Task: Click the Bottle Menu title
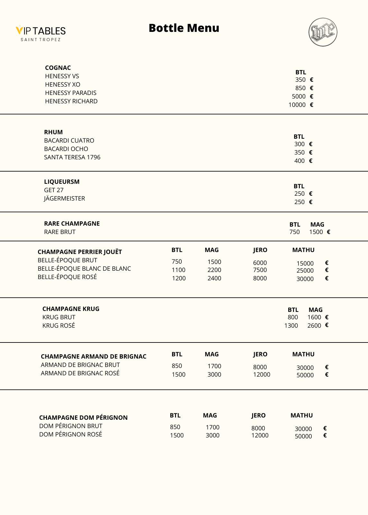click(184, 28)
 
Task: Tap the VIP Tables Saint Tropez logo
click(41, 33)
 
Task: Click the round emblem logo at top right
click(323, 32)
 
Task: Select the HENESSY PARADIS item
click(71, 93)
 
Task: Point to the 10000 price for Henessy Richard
click(297, 105)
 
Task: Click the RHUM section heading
click(53, 132)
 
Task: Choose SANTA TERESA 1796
click(72, 157)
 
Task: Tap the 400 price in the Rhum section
click(299, 161)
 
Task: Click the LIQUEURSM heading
click(62, 182)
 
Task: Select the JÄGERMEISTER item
click(65, 199)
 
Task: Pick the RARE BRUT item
click(60, 232)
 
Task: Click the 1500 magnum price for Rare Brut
click(316, 232)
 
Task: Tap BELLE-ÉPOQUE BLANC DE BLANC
click(84, 269)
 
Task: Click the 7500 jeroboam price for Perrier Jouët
click(260, 270)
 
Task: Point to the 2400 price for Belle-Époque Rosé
click(214, 278)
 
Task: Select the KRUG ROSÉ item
click(59, 326)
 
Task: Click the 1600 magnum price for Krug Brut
click(314, 317)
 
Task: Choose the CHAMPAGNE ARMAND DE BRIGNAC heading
click(94, 357)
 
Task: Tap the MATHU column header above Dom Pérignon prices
click(301, 416)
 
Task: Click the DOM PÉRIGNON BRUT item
click(71, 426)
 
